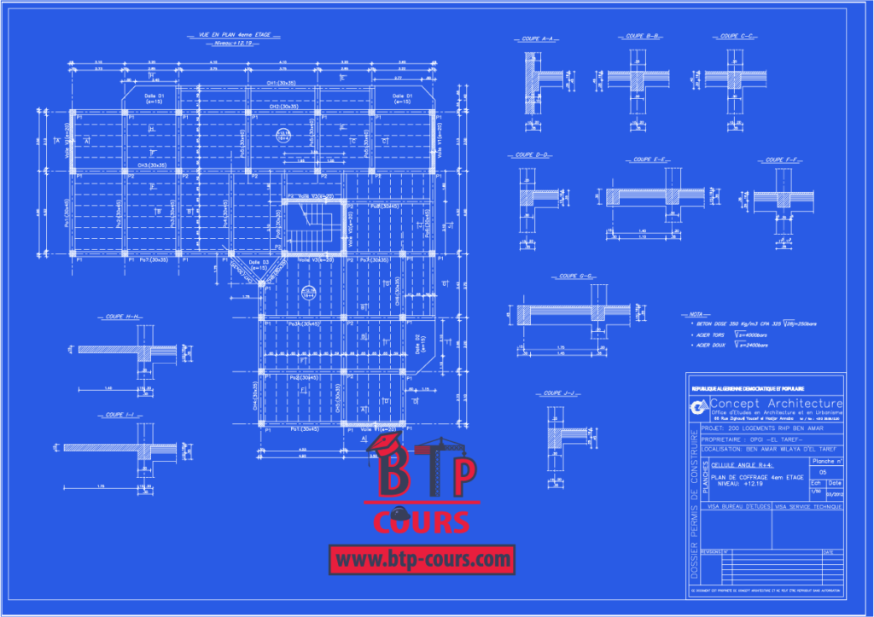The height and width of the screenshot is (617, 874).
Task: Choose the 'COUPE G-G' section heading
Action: click(577, 276)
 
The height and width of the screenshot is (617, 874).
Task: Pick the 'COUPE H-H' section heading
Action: click(125, 317)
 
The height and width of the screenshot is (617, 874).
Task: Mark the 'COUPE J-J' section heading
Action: click(562, 393)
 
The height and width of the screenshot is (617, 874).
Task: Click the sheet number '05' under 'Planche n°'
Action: click(823, 471)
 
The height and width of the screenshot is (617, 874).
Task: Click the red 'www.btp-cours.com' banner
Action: click(422, 560)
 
